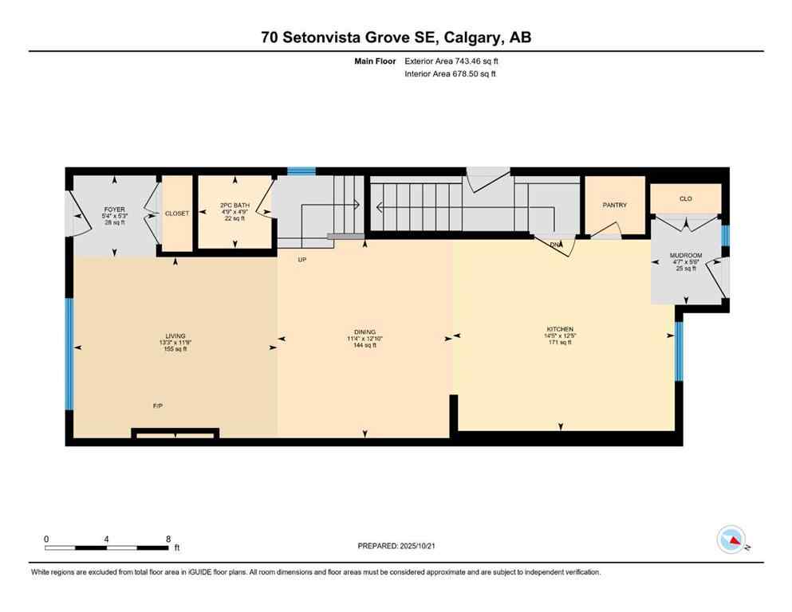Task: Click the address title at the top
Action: [396, 37]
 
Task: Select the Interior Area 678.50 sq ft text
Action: [451, 74]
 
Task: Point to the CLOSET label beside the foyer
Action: [176, 214]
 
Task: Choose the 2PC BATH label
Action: [234, 206]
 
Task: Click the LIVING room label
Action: [171, 336]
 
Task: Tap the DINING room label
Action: [364, 332]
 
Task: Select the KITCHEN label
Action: [560, 330]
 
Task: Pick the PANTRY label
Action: [614, 205]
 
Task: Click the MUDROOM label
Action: [685, 256]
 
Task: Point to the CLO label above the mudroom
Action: [685, 198]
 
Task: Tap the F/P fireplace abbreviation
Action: [158, 406]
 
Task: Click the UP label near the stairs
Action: [301, 260]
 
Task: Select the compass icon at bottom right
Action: [731, 539]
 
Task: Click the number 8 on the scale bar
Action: [168, 539]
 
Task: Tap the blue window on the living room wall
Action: [69, 354]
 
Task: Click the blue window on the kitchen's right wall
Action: [679, 350]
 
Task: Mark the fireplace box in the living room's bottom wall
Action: [175, 433]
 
